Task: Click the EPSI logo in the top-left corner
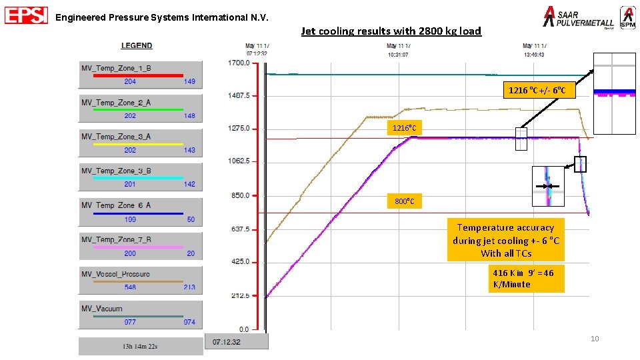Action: [x=26, y=16]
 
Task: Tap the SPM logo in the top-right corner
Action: [x=627, y=17]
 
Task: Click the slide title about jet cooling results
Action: [x=391, y=31]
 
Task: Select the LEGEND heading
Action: [x=136, y=45]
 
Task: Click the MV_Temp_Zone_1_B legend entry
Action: [x=140, y=75]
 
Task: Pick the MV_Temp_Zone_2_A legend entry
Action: [x=140, y=109]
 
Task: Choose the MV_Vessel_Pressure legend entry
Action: [x=140, y=280]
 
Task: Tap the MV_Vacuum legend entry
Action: [x=140, y=315]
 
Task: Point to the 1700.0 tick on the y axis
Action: [x=238, y=63]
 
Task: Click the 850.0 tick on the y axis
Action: [x=238, y=196]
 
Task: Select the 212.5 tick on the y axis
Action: [x=238, y=295]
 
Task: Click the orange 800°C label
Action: [x=405, y=201]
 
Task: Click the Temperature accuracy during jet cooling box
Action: [x=506, y=240]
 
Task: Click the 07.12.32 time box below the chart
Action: [x=236, y=341]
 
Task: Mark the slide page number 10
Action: [x=595, y=339]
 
